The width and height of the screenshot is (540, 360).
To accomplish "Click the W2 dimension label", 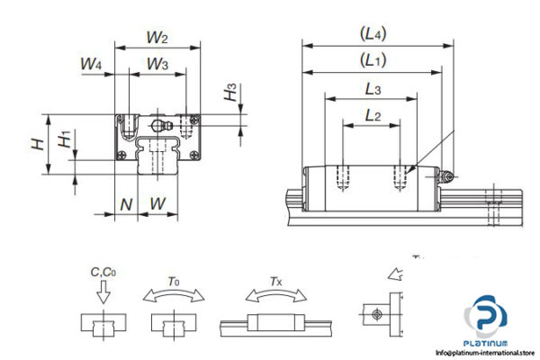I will (x=157, y=39).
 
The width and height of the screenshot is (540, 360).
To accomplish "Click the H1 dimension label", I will (x=64, y=139).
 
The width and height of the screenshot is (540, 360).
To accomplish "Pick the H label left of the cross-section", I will (x=36, y=143).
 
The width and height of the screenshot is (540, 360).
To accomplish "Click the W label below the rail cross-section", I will (x=157, y=204).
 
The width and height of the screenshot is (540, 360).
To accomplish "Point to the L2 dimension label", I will (x=373, y=114).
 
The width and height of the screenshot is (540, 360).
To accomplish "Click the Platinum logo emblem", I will (x=491, y=320).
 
